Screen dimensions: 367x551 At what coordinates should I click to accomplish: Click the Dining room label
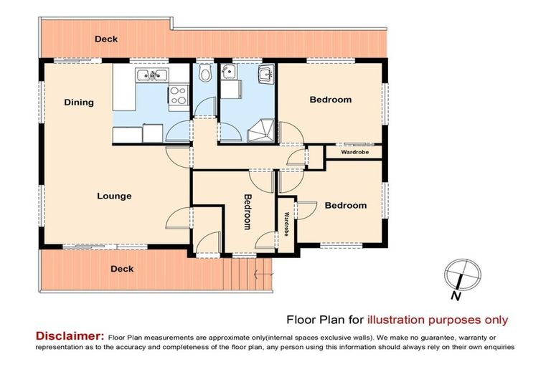79,103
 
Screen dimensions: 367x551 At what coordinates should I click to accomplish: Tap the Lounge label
115,196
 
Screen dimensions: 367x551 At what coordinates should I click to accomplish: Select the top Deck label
106,39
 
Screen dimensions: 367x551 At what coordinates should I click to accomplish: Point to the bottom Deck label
121,269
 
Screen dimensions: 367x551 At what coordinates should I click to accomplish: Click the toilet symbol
206,74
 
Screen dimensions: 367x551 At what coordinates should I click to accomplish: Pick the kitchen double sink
151,75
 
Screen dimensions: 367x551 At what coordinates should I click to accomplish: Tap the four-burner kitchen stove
176,95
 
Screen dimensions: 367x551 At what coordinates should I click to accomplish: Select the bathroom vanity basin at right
266,73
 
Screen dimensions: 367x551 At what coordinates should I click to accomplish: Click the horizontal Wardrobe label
354,153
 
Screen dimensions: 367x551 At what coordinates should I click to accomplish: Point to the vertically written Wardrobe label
286,224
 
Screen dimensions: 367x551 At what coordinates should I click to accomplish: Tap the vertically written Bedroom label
248,211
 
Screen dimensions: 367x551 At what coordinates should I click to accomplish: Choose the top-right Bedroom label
330,100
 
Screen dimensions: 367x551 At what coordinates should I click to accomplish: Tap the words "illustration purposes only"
438,320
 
